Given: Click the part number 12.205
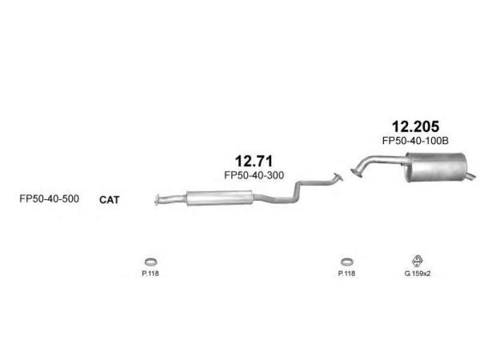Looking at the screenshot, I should (x=415, y=127).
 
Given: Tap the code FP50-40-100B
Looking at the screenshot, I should (x=415, y=142).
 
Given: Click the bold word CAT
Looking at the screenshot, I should (x=109, y=200).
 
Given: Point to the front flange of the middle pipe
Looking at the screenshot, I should (x=158, y=199).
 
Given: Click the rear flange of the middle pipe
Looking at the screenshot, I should (x=338, y=176).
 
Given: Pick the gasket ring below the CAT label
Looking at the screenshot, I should (x=149, y=262).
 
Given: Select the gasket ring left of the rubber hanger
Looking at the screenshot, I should (x=346, y=262).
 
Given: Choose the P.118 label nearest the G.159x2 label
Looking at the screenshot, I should (x=346, y=274).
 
